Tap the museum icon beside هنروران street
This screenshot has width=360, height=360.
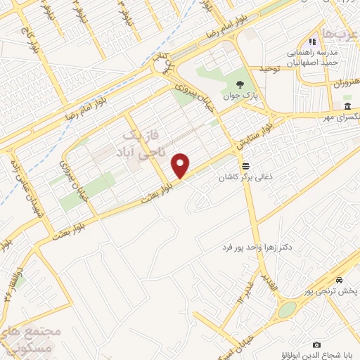347,106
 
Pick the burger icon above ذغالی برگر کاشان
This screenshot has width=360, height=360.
245,166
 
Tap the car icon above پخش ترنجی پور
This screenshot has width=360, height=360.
339,280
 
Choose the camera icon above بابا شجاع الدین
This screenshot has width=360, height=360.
316,345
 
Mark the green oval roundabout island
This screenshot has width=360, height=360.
287,310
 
